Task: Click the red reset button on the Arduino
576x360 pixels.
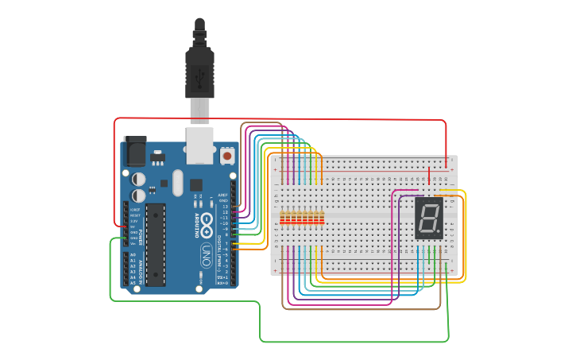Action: (x=227, y=157)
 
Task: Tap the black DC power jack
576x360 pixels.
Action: (x=134, y=149)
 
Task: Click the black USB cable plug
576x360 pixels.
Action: (x=199, y=72)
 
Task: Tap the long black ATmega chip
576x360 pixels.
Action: (x=156, y=244)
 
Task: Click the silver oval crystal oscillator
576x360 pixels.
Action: (x=177, y=182)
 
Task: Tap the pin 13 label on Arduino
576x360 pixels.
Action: (x=224, y=207)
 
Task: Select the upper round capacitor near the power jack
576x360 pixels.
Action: (x=138, y=179)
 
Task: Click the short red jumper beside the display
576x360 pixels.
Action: (x=429, y=174)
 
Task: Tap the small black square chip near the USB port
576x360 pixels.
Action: (x=196, y=184)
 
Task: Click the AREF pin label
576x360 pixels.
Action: (x=223, y=195)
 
